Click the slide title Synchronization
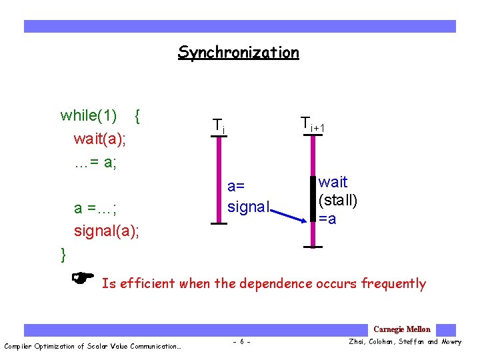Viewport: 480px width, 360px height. point(238,52)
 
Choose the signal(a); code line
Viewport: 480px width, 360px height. point(107,231)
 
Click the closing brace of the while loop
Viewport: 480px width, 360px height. point(63,254)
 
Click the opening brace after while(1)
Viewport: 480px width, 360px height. point(137,115)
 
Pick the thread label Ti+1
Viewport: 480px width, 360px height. point(311,123)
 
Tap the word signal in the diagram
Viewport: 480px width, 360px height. point(247,207)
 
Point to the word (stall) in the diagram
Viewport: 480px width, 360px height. point(337,201)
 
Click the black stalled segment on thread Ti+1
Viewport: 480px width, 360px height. point(312,197)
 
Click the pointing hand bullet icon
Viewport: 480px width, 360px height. point(83,276)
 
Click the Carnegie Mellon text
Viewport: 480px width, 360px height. point(402,329)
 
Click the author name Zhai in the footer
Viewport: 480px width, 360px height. point(359,343)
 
